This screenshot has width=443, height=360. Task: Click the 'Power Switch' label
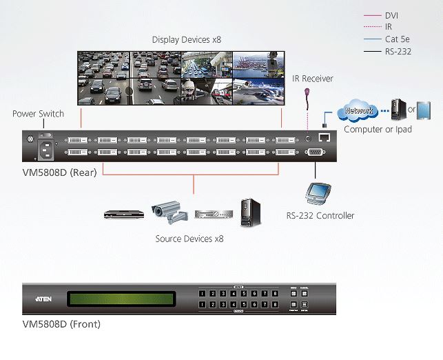coord(38,114)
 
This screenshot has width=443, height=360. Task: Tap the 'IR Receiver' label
coord(312,79)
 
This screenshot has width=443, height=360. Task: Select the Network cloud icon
coord(358,110)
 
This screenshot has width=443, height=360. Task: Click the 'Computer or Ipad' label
coord(377,129)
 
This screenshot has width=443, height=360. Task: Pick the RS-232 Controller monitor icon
coord(319,192)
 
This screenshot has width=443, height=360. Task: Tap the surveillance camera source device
coord(169,212)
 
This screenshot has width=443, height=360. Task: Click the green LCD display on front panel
coord(121,299)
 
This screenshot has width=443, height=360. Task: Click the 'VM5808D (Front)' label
coord(61,323)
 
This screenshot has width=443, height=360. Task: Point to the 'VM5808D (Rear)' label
coord(59,172)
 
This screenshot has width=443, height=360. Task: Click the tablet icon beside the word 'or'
coord(426,110)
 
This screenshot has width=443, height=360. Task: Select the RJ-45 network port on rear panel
coord(324,137)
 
